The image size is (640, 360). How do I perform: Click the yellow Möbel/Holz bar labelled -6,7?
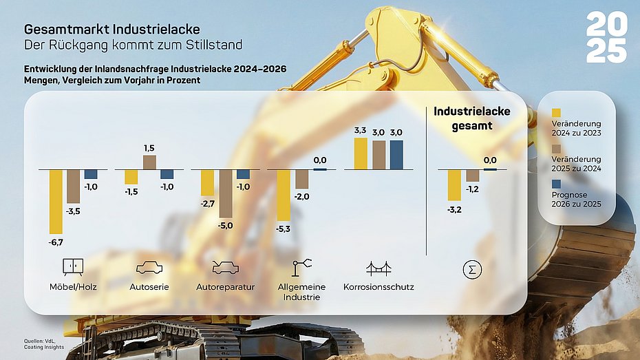pyautogui.click(x=56, y=201)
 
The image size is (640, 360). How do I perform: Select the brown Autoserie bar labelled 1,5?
pyautogui.click(x=149, y=162)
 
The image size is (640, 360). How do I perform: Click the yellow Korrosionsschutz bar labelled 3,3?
pyautogui.click(x=360, y=153)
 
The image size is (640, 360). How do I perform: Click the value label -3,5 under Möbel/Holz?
pyautogui.click(x=73, y=211)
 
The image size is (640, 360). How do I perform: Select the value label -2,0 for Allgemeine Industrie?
pyautogui.click(x=301, y=196)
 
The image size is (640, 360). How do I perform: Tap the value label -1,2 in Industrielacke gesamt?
pyautogui.click(x=472, y=189)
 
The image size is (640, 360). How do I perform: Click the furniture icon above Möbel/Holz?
pyautogui.click(x=73, y=266)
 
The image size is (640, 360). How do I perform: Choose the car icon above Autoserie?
pyautogui.click(x=149, y=267)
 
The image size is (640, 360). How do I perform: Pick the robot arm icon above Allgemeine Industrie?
pyautogui.click(x=301, y=266)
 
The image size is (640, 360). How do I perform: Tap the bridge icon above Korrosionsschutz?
pyautogui.click(x=378, y=267)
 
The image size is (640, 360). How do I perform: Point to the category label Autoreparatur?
pyautogui.click(x=225, y=286)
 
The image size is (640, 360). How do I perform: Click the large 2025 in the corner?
pyautogui.click(x=606, y=38)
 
